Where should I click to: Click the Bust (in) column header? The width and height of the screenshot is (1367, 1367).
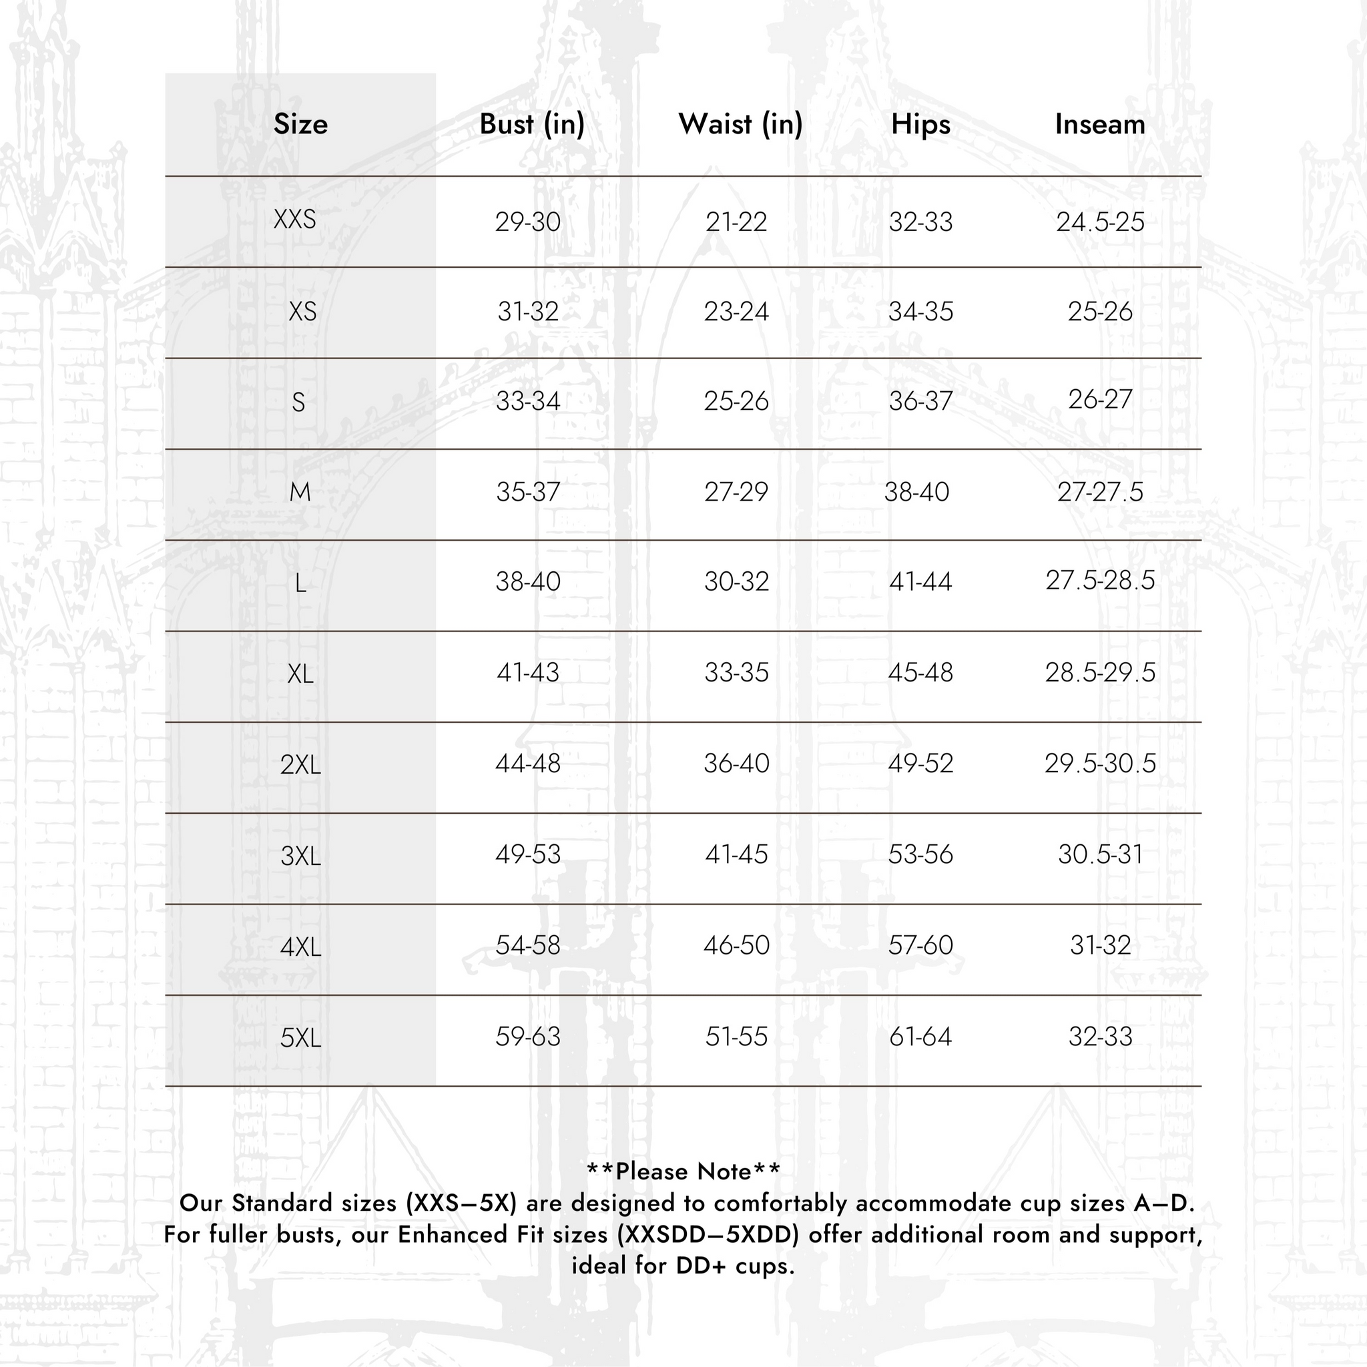pos(531,125)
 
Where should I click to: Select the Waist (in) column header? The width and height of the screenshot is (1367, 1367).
pos(740,125)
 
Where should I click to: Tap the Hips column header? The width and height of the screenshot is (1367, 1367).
pos(920,125)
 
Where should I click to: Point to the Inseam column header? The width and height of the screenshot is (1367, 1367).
pos(1099,125)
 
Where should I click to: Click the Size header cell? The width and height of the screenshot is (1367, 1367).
pos(301,125)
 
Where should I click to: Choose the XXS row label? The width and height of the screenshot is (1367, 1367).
pos(295,220)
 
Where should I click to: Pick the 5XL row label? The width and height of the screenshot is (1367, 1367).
pos(301,1038)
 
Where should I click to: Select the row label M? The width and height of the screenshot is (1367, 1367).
pos(300,492)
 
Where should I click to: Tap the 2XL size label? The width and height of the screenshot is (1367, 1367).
pos(301,765)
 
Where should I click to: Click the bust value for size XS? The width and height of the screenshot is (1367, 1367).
pos(528,311)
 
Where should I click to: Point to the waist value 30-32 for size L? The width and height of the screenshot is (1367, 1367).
pos(736,581)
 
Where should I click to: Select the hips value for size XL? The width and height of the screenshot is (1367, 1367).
pos(920,672)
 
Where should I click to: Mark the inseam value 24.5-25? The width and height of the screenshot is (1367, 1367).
pos(1099,222)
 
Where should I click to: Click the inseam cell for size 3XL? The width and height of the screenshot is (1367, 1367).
pos(1099,855)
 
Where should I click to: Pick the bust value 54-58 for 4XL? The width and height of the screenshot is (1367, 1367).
pos(528,945)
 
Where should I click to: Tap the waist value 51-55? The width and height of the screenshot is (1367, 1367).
pos(736,1037)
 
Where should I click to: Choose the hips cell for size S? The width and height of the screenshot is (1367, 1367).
pos(920,401)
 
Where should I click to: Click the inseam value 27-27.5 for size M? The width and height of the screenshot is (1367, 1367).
pos(1099,492)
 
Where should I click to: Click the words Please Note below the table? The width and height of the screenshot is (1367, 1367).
pos(683,1171)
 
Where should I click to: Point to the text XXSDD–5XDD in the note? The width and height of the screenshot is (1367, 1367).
pos(708,1235)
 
